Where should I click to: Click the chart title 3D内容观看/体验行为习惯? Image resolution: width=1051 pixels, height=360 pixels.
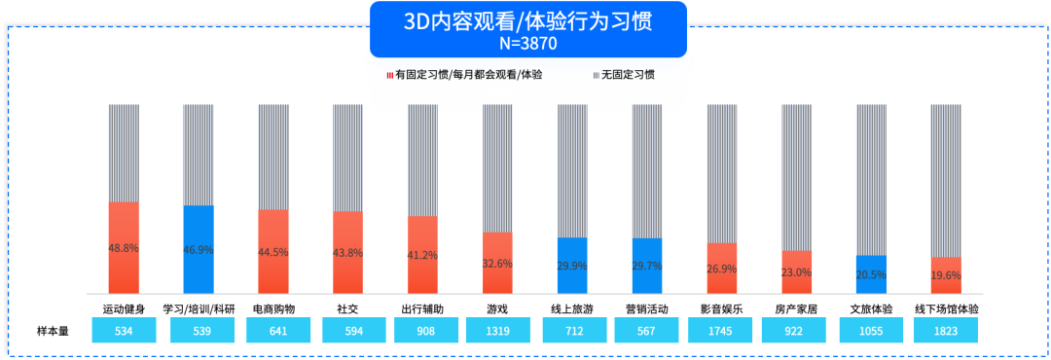pyautogui.click(x=527, y=21)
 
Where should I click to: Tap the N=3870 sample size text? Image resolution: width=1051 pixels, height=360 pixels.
pyautogui.click(x=527, y=43)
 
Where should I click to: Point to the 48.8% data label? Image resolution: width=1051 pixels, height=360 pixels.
pyautogui.click(x=124, y=248)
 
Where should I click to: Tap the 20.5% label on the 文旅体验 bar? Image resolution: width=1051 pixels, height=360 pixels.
pyautogui.click(x=871, y=275)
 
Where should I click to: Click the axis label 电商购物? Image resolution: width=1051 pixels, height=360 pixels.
pyautogui.click(x=273, y=308)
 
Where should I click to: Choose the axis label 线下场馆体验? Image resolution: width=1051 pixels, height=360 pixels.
pyautogui.click(x=946, y=308)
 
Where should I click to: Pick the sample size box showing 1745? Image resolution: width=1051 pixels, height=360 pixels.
pyautogui.click(x=721, y=331)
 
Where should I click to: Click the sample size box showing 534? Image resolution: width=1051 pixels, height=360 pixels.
pyautogui.click(x=124, y=331)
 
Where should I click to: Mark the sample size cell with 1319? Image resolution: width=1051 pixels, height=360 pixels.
pyautogui.click(x=497, y=331)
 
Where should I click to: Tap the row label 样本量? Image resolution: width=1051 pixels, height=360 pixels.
pyautogui.click(x=53, y=331)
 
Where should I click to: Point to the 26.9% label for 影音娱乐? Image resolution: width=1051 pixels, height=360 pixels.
pyautogui.click(x=721, y=269)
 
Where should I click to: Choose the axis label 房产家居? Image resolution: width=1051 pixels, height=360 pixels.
pyautogui.click(x=796, y=308)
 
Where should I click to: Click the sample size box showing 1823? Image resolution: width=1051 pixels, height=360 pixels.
pyautogui.click(x=946, y=331)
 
